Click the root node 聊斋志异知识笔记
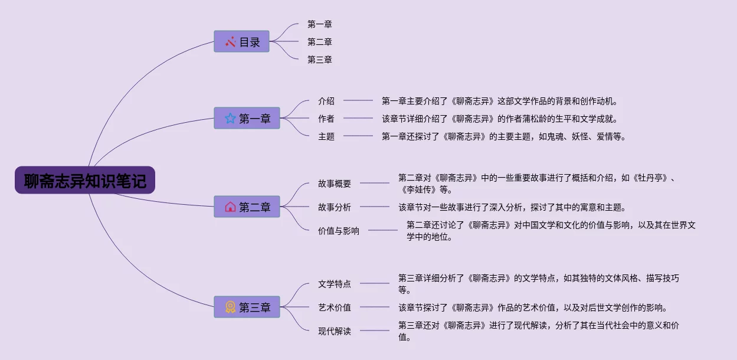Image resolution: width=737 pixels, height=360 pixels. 85,181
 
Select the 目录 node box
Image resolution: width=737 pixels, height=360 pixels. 241,42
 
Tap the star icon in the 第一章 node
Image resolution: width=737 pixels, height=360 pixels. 230,119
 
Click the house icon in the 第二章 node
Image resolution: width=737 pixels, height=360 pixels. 230,207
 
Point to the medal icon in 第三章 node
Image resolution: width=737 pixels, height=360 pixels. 230,307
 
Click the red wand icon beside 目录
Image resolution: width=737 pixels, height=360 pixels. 230,42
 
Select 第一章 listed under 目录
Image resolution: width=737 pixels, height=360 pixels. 320,24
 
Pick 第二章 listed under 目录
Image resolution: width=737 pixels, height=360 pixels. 320,42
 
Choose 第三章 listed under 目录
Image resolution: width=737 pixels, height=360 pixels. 320,60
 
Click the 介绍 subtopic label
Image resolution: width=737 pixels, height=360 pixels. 326,101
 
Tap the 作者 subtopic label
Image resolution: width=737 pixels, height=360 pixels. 326,119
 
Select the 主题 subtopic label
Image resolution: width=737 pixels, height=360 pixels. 326,136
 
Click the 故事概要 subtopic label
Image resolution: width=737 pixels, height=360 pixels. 335,184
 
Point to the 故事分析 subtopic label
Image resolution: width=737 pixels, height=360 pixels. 335,207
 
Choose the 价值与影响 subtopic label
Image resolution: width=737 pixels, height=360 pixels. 339,231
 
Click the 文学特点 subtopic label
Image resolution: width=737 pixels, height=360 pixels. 335,284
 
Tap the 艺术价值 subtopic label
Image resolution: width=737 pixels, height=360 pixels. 335,307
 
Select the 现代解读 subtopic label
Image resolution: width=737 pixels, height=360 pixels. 335,331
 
